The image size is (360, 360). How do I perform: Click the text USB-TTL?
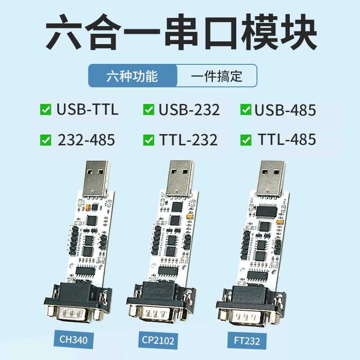coord(87,109)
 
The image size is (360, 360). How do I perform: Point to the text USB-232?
coord(189,109)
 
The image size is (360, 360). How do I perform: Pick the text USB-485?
coord(285,109)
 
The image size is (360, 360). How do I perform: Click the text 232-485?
coord(86,140)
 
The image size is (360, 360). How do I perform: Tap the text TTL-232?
coord(188,140)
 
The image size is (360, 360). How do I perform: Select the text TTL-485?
coord(287,140)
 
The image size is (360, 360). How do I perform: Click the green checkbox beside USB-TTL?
coord(45,109)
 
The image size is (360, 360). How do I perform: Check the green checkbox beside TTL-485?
coord(246,140)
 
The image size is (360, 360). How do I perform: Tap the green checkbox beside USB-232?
coord(148,109)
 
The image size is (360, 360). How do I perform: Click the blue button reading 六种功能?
coord(132,76)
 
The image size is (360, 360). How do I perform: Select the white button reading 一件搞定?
coord(216,76)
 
